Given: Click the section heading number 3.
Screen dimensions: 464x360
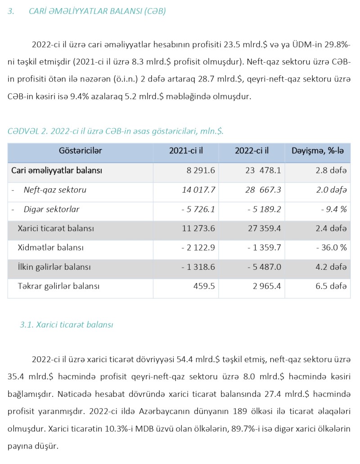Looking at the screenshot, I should coord(10,11).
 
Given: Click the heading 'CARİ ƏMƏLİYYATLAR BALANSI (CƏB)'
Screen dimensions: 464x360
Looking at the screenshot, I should coord(97,11).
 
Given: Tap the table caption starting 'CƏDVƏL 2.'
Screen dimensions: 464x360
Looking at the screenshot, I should coord(115,131).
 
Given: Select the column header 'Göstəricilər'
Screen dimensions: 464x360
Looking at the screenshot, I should coord(80,150).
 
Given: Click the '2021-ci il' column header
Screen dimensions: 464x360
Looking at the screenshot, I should coord(186,150).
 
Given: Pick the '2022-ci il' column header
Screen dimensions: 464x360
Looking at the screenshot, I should coord(252,150).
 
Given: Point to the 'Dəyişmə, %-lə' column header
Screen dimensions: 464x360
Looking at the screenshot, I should coord(318,150).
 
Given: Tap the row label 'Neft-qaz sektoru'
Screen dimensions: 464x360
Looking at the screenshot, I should coord(55,190).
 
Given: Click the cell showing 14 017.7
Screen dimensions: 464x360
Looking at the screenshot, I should coord(198,190).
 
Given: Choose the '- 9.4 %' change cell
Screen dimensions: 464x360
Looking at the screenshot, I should coord(333,209).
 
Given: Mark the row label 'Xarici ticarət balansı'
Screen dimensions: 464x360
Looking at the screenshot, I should coord(56,228).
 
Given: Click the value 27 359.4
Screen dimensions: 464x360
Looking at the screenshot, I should coord(265,228).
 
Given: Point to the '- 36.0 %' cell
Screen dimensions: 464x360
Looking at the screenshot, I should coord(331,248).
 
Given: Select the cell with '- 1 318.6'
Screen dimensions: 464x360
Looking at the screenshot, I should coord(198,267).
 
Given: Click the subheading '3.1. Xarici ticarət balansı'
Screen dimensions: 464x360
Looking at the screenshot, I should coord(67,324).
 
